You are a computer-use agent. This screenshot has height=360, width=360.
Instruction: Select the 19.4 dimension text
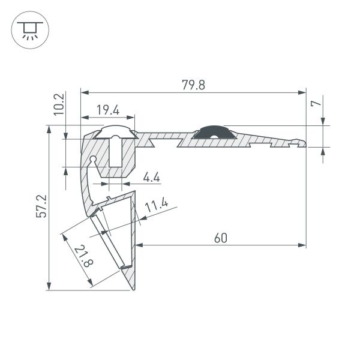coord(108,109)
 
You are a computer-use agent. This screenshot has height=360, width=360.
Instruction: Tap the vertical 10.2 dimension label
coord(59,104)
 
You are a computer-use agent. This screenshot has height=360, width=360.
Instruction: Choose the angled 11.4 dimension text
coord(157,208)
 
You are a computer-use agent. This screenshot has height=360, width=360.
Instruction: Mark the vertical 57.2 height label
coord(41,206)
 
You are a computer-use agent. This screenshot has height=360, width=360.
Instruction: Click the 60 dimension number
coord(220,238)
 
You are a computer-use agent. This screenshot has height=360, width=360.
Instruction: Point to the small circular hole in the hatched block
coord(94,159)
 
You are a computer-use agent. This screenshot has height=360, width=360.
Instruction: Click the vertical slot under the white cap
coord(116,154)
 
